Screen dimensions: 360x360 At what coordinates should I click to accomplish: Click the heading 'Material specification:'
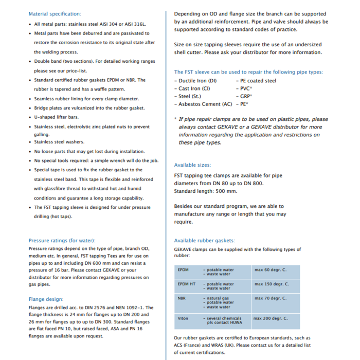[x=55, y=14]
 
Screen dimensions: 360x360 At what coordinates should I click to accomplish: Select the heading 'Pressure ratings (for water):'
[x=62, y=240]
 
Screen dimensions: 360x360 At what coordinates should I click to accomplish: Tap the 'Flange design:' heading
[x=46, y=299]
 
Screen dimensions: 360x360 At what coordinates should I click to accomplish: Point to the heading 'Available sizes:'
[x=192, y=165]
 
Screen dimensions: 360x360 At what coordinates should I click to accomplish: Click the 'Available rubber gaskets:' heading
[x=204, y=240]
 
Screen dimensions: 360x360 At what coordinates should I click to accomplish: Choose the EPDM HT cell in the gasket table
[x=187, y=284]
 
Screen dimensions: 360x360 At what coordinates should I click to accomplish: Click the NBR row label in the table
[x=182, y=298]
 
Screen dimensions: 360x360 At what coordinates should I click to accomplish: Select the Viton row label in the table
[x=183, y=318]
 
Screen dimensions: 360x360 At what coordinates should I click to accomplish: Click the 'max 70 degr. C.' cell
[x=271, y=298]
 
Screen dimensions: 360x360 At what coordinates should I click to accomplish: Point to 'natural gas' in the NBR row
[x=218, y=298]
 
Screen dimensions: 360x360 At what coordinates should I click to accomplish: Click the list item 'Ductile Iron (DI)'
[x=197, y=81]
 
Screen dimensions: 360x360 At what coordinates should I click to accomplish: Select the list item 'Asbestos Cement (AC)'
[x=205, y=104]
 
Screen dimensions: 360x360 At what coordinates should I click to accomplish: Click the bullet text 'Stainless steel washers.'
[x=59, y=142]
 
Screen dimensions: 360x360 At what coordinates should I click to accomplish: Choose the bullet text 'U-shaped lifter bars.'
[x=56, y=117]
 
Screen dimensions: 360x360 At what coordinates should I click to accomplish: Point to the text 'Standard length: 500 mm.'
[x=206, y=191]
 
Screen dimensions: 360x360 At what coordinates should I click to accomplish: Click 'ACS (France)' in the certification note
[x=190, y=345]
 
